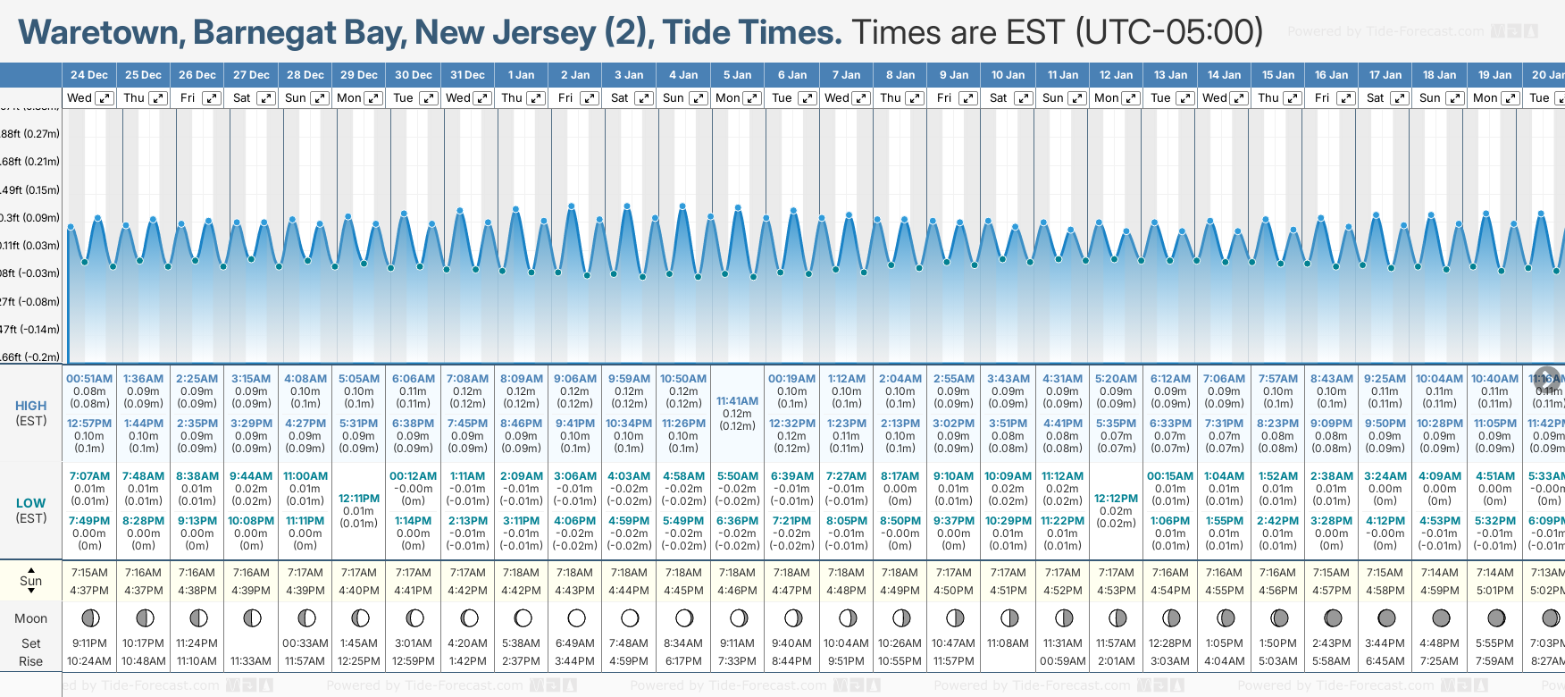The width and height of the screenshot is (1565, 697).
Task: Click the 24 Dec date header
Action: [x=89, y=75]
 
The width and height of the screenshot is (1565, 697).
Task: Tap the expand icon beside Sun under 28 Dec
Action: [x=319, y=98]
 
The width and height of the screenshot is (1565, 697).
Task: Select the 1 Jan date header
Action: [x=522, y=75]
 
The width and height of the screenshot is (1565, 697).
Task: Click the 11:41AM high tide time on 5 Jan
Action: [x=737, y=401]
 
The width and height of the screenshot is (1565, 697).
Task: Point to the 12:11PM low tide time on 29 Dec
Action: [x=359, y=499]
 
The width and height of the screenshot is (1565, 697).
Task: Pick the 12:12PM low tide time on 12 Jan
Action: [x=1116, y=499]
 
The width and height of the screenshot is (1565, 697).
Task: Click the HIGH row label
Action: [x=31, y=406]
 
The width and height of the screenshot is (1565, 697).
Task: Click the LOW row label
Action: [x=31, y=503]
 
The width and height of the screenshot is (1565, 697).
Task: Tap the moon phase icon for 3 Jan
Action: [x=630, y=617]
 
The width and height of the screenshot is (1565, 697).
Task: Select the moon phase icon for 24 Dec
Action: [x=89, y=617]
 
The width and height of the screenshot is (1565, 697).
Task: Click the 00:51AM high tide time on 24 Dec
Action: [x=89, y=379]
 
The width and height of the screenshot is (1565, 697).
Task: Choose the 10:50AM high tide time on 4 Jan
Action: [x=683, y=379]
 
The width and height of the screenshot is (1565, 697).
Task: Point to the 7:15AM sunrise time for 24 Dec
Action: [x=89, y=573]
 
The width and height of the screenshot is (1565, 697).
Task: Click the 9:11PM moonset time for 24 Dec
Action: [x=89, y=643]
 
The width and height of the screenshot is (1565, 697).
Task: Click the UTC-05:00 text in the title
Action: [x=1169, y=33]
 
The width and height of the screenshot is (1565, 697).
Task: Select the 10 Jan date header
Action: [x=1008, y=75]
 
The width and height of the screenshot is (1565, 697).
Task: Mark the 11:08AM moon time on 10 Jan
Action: [x=1008, y=643]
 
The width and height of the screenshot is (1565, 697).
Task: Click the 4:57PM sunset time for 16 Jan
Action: [x=1331, y=591]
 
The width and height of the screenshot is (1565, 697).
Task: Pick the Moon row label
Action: [x=31, y=618]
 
